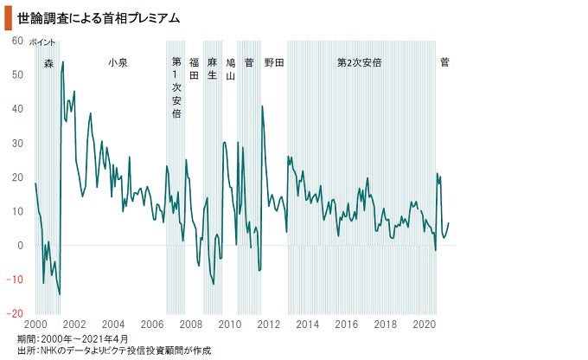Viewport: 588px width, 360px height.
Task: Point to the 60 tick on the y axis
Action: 17,41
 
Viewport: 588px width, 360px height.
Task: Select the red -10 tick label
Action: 16,280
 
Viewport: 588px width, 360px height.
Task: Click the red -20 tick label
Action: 16,313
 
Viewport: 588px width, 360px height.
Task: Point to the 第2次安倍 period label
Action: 360,62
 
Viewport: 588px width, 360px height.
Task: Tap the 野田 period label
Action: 274,62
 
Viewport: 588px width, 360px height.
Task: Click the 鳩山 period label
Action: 231,68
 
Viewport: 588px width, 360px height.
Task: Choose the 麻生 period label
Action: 212,68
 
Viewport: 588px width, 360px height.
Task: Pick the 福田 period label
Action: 194,68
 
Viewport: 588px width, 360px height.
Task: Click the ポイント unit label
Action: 42,42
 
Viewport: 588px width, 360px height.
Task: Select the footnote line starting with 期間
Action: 73,338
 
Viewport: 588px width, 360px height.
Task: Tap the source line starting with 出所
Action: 113,350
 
